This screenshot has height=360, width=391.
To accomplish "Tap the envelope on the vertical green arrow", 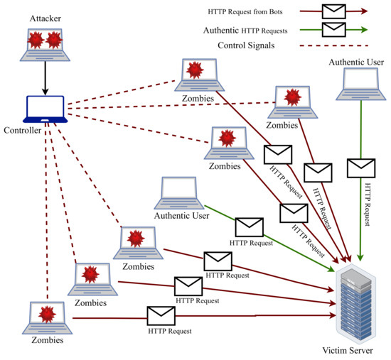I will [x=361, y=168].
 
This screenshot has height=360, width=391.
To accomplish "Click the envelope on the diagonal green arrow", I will [x=250, y=227].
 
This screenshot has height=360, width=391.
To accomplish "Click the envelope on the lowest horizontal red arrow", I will [x=162, y=314].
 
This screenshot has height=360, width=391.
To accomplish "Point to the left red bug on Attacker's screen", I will [x=38, y=41].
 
